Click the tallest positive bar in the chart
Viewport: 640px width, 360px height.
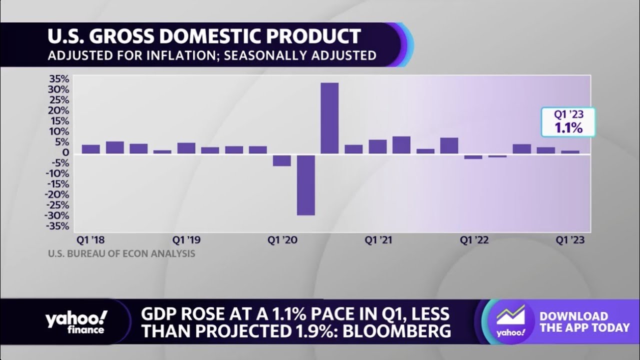[x=329, y=118]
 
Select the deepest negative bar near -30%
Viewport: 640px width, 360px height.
[x=305, y=185]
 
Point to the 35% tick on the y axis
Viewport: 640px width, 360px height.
[x=59, y=79]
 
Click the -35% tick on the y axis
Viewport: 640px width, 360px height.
[x=58, y=226]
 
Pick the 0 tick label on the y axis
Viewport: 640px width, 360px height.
[x=65, y=152]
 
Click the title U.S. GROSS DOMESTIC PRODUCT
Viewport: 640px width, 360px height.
[x=204, y=36]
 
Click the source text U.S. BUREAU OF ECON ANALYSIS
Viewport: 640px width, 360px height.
[x=121, y=254]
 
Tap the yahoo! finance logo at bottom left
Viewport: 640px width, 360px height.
[x=76, y=322]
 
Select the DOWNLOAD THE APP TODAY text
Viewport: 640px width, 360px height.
[x=584, y=322]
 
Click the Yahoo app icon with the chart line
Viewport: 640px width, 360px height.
[x=510, y=322]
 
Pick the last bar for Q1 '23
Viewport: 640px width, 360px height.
[x=570, y=152]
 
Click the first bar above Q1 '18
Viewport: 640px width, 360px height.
[x=90, y=149]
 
